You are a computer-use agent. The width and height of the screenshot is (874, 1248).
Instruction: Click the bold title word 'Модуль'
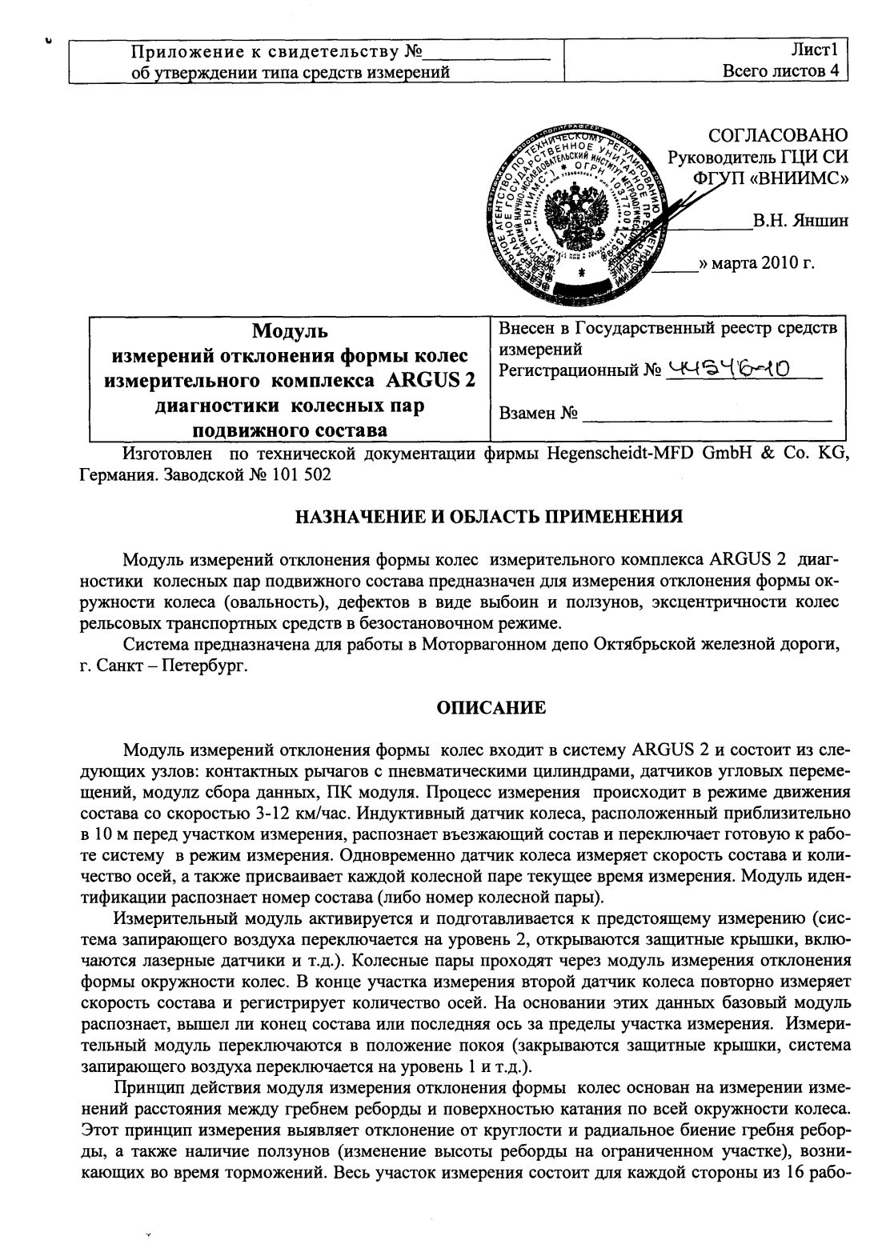290,330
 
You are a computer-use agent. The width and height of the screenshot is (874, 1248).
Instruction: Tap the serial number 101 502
297,474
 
